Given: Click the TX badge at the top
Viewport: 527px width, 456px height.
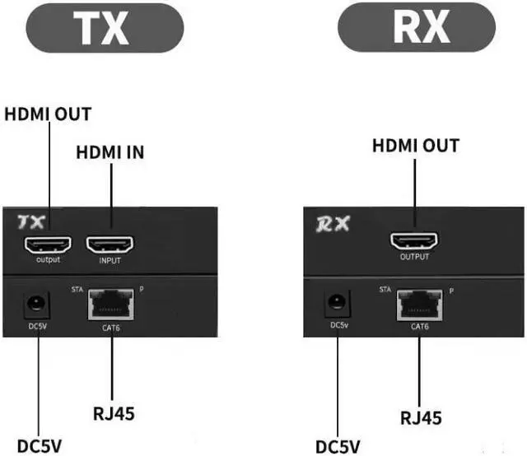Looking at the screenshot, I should point(103,27).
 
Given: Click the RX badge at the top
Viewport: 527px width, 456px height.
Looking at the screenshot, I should point(421,26).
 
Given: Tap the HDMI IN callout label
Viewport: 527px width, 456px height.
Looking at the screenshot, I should point(110,152).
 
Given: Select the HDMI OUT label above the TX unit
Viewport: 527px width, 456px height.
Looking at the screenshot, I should point(48,114).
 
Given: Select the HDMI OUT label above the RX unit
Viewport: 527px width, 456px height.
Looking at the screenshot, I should point(416,146).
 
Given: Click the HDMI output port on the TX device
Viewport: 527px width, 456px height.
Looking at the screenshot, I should point(48,244).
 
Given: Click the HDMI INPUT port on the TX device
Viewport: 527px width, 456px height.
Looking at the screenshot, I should point(110,244).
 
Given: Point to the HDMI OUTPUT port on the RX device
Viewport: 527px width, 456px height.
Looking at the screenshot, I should point(415,241).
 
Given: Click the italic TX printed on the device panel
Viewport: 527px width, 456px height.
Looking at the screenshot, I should point(30,222).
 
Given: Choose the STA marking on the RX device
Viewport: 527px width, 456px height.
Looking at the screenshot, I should point(385,290).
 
